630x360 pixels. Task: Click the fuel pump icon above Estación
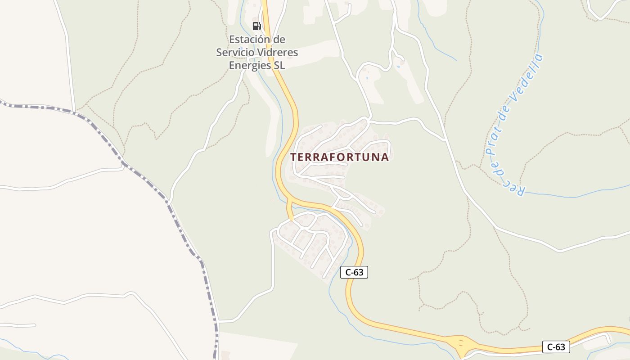pos(256,26)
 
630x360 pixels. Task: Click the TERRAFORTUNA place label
pos(340,157)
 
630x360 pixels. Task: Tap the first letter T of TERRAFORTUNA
pos(294,157)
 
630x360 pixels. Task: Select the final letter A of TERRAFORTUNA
pos(385,157)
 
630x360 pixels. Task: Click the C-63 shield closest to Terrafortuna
pos(354,272)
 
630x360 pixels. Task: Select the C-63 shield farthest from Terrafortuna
pos(556,347)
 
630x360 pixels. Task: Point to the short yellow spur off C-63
pos(290,209)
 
